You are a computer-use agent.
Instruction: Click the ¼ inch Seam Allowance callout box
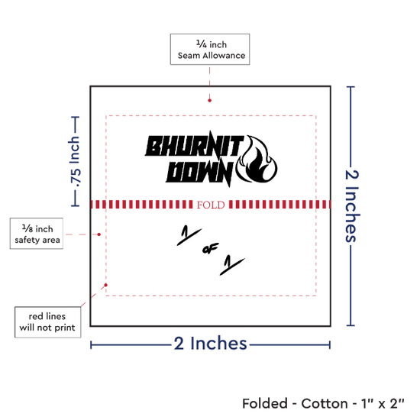(210, 50)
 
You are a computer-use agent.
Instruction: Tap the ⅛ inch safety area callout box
(37, 234)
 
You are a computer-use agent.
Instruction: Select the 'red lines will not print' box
(47, 322)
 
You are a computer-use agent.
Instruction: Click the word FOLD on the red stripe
(211, 205)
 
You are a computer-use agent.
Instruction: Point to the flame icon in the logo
(257, 159)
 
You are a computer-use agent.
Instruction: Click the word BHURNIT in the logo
(194, 145)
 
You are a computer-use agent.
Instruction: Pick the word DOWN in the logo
(199, 173)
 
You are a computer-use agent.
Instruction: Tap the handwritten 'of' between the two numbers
(210, 249)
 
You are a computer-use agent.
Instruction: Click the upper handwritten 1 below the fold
(189, 235)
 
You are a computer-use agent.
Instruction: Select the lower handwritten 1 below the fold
(231, 265)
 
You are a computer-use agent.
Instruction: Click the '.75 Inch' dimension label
(75, 162)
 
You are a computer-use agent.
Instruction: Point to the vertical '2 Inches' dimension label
(352, 206)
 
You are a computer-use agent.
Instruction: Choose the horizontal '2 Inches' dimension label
(210, 344)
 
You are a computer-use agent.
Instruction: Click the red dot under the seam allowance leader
(209, 101)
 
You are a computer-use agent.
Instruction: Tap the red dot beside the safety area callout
(99, 234)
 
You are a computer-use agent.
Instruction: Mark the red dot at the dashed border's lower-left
(106, 285)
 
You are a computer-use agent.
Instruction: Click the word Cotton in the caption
(325, 404)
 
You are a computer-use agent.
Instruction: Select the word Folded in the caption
(265, 404)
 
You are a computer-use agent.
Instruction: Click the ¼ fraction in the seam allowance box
(202, 44)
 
